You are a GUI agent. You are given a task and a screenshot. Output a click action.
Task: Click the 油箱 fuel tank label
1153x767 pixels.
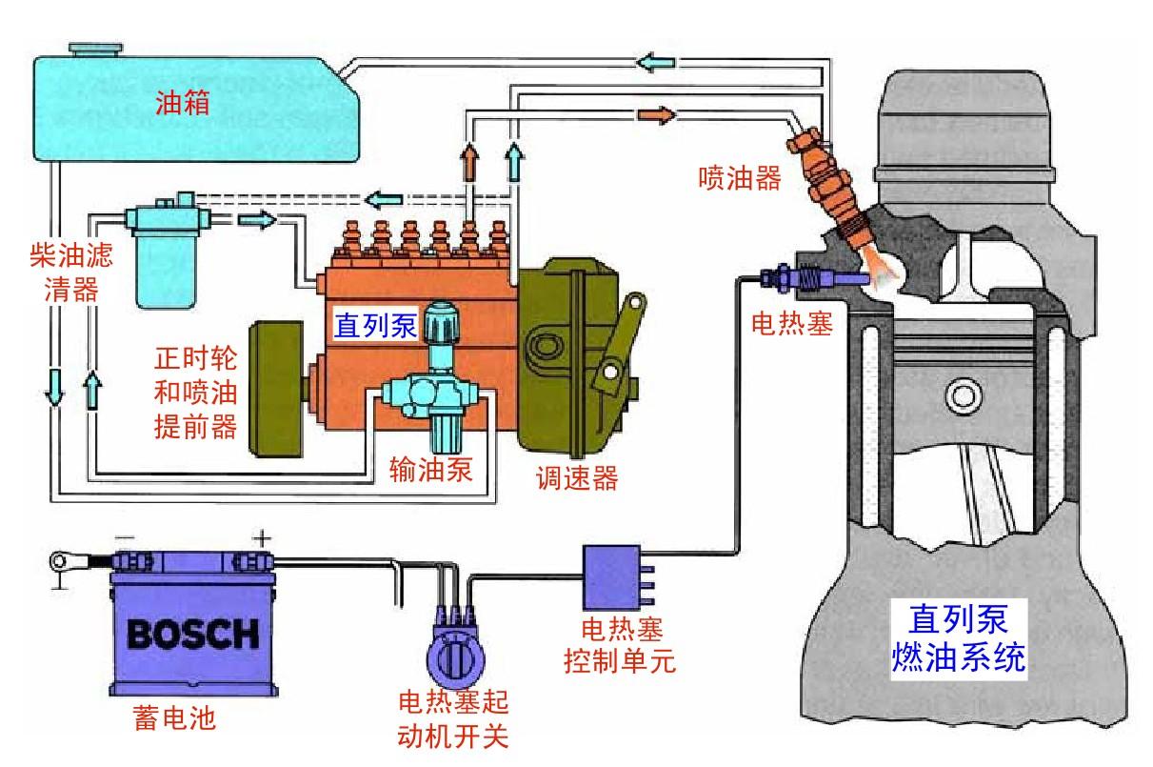[183, 102]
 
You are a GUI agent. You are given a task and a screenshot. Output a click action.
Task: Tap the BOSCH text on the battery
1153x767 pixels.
[192, 633]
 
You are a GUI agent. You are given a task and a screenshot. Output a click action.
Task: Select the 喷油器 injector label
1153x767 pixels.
[739, 177]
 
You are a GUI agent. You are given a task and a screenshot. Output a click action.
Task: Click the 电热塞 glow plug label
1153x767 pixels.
[792, 324]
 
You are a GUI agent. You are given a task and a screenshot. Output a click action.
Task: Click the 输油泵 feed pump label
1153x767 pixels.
[430, 470]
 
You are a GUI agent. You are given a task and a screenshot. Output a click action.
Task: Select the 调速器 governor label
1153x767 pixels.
[576, 477]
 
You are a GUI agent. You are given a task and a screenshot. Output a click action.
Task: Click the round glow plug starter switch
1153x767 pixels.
[454, 659]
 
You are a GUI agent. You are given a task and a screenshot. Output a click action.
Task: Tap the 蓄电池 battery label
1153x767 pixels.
[174, 717]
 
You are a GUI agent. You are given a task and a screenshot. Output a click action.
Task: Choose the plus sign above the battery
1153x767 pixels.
[260, 538]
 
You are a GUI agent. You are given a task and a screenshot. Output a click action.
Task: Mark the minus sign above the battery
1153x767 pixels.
[121, 538]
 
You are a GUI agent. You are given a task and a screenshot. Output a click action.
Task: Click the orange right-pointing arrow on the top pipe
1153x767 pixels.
[655, 114]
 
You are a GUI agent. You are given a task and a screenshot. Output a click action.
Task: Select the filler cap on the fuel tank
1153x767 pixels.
[89, 47]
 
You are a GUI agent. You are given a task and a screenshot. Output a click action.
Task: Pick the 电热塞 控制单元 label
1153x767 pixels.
[620, 645]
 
